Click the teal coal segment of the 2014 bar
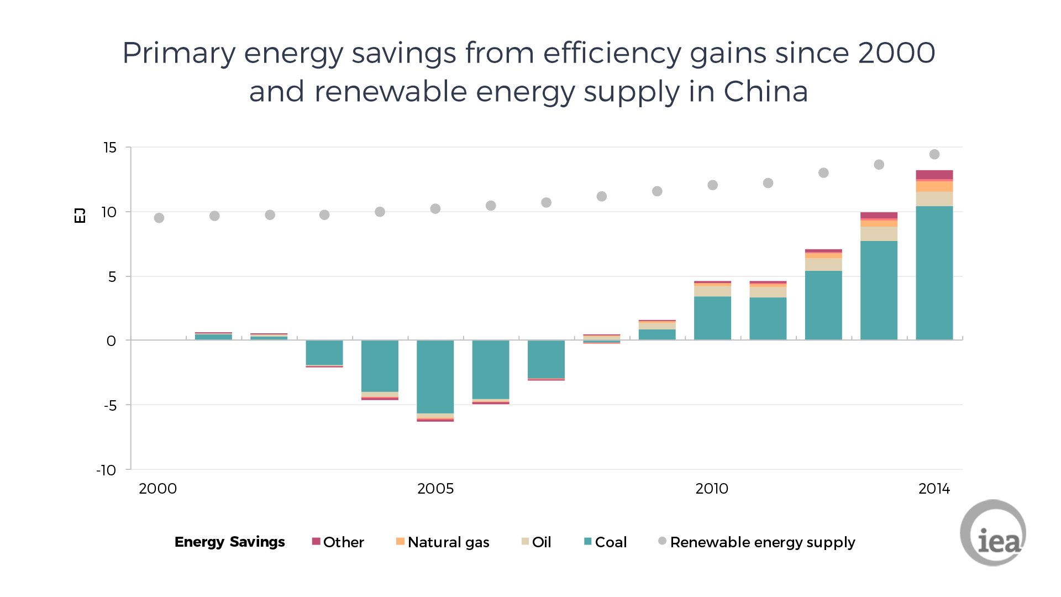click(x=934, y=273)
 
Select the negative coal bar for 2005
click(x=435, y=376)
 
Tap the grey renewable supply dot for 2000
click(x=159, y=218)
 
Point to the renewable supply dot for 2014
click(x=934, y=154)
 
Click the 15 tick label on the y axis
click(x=110, y=148)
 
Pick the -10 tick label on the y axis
click(x=106, y=470)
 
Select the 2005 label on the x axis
click(x=435, y=489)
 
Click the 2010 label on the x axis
click(x=712, y=489)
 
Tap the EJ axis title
click(x=80, y=215)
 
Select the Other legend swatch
click(x=316, y=541)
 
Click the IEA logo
click(x=994, y=533)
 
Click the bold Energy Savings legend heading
click(x=230, y=542)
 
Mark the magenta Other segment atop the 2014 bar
click(x=934, y=175)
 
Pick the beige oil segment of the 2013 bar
click(x=879, y=234)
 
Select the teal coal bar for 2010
click(x=712, y=318)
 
